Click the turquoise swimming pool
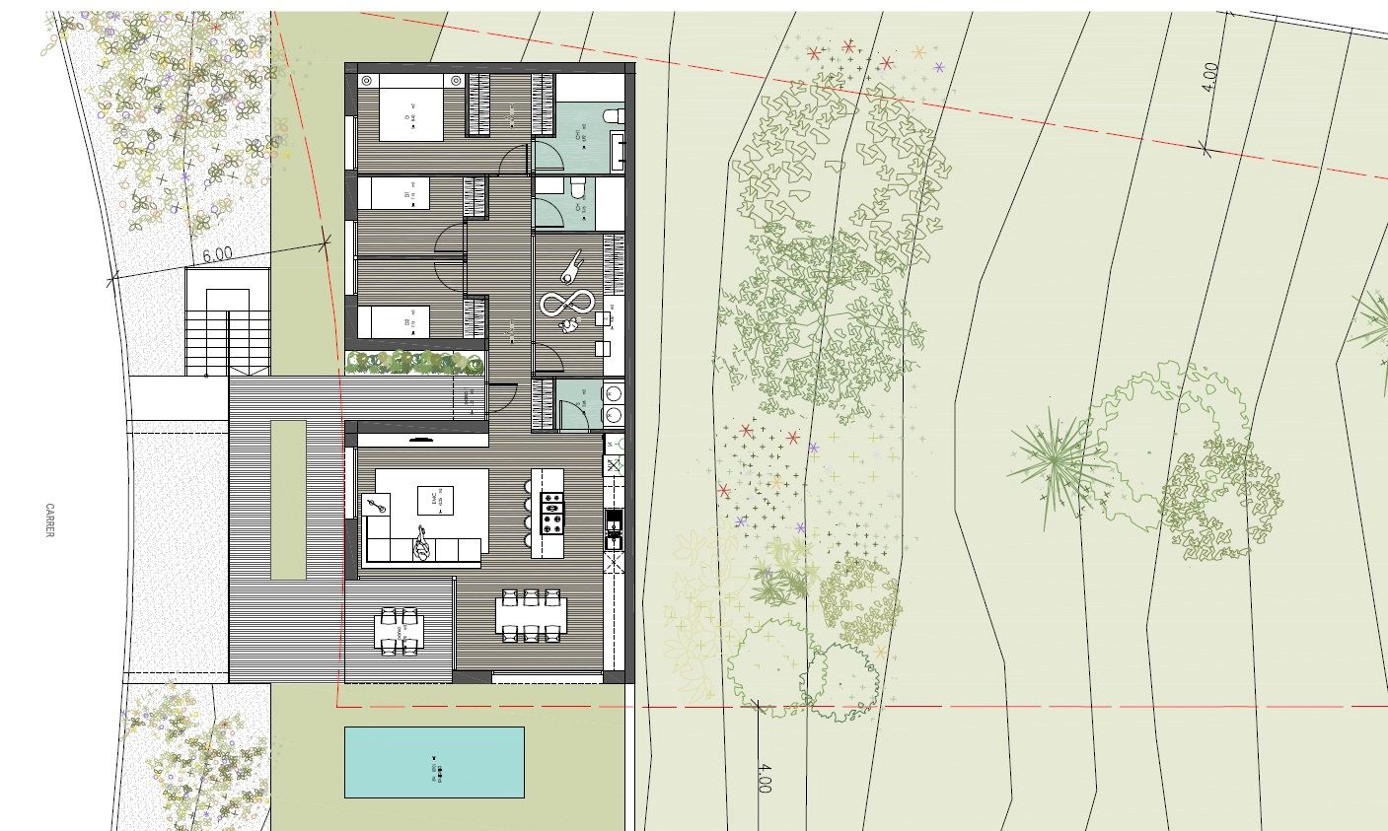point(434,762)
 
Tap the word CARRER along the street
point(49,520)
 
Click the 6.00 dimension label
point(217,254)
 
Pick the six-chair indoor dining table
point(532,614)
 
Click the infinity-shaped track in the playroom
point(566,302)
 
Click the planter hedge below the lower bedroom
point(415,363)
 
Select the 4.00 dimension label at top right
point(1210,78)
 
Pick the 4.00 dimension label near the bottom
point(763,777)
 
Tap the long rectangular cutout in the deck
point(289,499)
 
